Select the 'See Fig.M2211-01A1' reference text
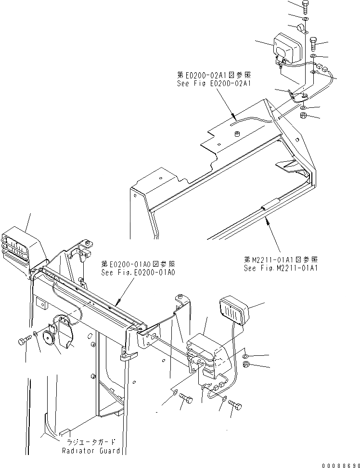pyautogui.click(x=281, y=268)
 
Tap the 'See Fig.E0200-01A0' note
pyautogui.click(x=138, y=272)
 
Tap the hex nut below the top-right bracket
pyautogui.click(x=304, y=116)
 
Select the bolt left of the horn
pyautogui.click(x=25, y=341)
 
